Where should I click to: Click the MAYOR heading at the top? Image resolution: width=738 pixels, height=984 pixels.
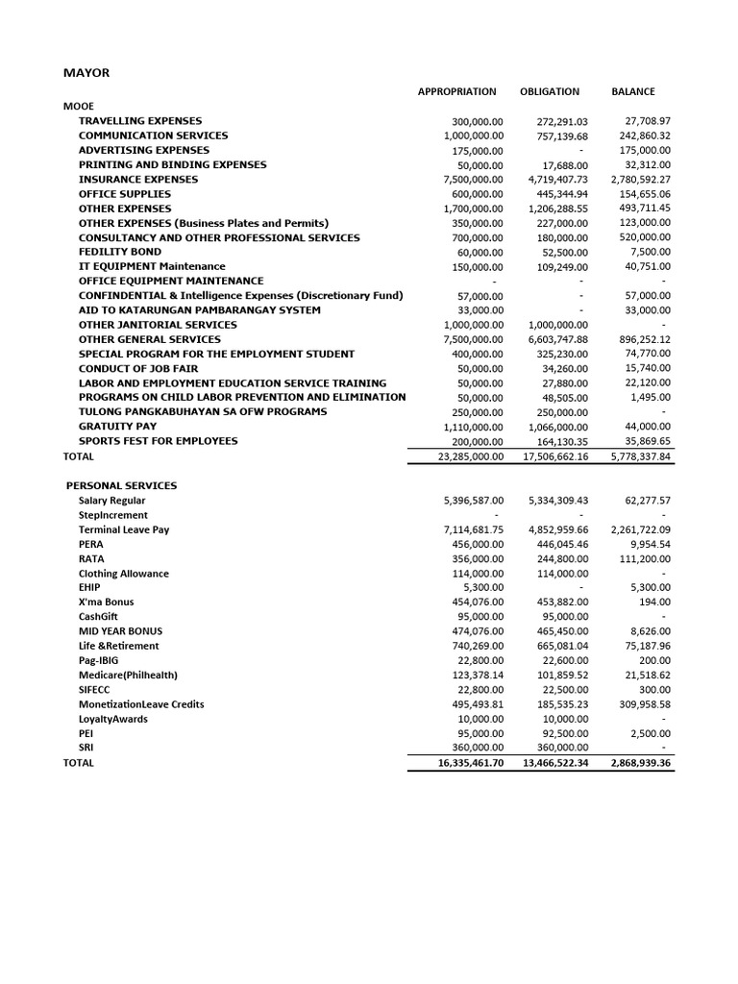86,72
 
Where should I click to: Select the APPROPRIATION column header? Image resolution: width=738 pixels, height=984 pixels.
456,92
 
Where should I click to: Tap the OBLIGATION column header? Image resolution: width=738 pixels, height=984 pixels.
550,92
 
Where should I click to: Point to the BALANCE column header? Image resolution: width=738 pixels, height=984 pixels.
633,92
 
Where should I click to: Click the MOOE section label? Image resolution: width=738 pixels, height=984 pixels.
79,106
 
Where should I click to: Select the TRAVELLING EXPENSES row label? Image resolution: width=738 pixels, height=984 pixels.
140,121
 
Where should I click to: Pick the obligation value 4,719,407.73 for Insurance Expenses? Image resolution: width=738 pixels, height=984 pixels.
558,180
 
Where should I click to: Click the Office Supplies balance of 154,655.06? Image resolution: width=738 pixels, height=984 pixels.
641,194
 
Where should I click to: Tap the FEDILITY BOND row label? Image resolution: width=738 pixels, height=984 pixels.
120,252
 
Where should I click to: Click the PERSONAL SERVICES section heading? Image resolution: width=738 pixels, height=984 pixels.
121,486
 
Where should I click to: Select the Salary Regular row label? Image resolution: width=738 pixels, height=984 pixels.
112,501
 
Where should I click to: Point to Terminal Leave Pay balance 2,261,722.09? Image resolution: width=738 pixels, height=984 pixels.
640,529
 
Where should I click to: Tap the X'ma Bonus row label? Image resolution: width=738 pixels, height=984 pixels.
107,603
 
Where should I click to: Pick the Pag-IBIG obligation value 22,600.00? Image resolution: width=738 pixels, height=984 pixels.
565,660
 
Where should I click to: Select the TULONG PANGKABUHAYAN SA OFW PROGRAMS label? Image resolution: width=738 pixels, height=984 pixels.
203,411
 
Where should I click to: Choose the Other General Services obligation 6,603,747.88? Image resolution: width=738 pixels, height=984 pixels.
558,339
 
